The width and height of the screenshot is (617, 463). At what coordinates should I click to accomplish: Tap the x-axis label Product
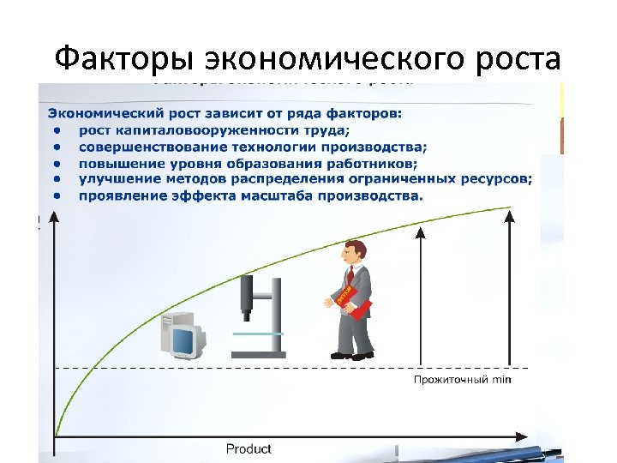pyautogui.click(x=249, y=448)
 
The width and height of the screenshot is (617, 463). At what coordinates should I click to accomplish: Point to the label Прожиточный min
pyautogui.click(x=462, y=379)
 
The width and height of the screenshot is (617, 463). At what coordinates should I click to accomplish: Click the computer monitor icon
pyautogui.click(x=181, y=336)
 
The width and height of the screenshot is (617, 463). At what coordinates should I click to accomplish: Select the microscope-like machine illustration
pyautogui.click(x=257, y=314)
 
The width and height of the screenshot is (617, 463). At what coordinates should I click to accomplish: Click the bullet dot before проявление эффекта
pyautogui.click(x=57, y=195)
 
